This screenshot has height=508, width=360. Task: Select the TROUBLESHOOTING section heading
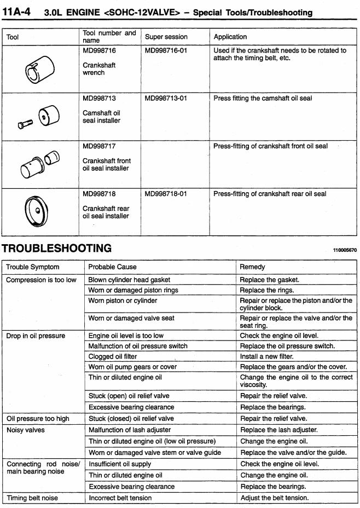click(x=57, y=248)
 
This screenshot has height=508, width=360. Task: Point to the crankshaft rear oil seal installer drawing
click(x=37, y=211)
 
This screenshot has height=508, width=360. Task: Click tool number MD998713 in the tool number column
click(x=100, y=99)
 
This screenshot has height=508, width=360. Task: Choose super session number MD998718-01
click(x=166, y=194)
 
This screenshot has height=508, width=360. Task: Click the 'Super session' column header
click(x=166, y=37)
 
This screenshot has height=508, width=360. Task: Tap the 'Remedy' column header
click(x=252, y=267)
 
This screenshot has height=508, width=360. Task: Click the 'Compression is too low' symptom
click(x=41, y=280)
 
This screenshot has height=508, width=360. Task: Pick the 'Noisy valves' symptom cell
click(x=26, y=430)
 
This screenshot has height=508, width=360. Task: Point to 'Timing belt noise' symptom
click(x=32, y=498)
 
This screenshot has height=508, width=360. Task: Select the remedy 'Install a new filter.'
click(x=271, y=356)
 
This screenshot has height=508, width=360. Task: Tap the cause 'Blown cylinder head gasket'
click(x=129, y=280)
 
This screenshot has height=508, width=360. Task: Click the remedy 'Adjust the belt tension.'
click(x=275, y=498)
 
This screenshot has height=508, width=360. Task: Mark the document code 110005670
click(x=345, y=250)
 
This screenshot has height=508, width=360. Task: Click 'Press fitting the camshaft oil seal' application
click(x=263, y=99)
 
